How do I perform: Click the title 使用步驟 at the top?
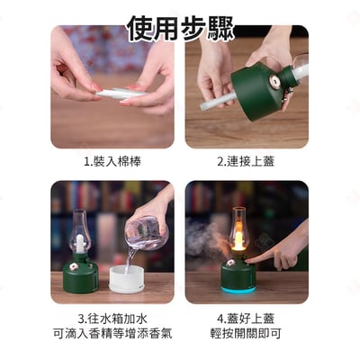tap(179, 28)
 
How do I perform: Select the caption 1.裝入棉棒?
tap(112, 161)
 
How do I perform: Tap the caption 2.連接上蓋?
tap(246, 161)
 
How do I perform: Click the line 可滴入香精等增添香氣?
tap(112, 334)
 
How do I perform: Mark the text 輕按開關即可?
tap(246, 334)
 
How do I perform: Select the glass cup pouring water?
tap(147, 229)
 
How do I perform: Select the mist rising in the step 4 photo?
tap(204, 238)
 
